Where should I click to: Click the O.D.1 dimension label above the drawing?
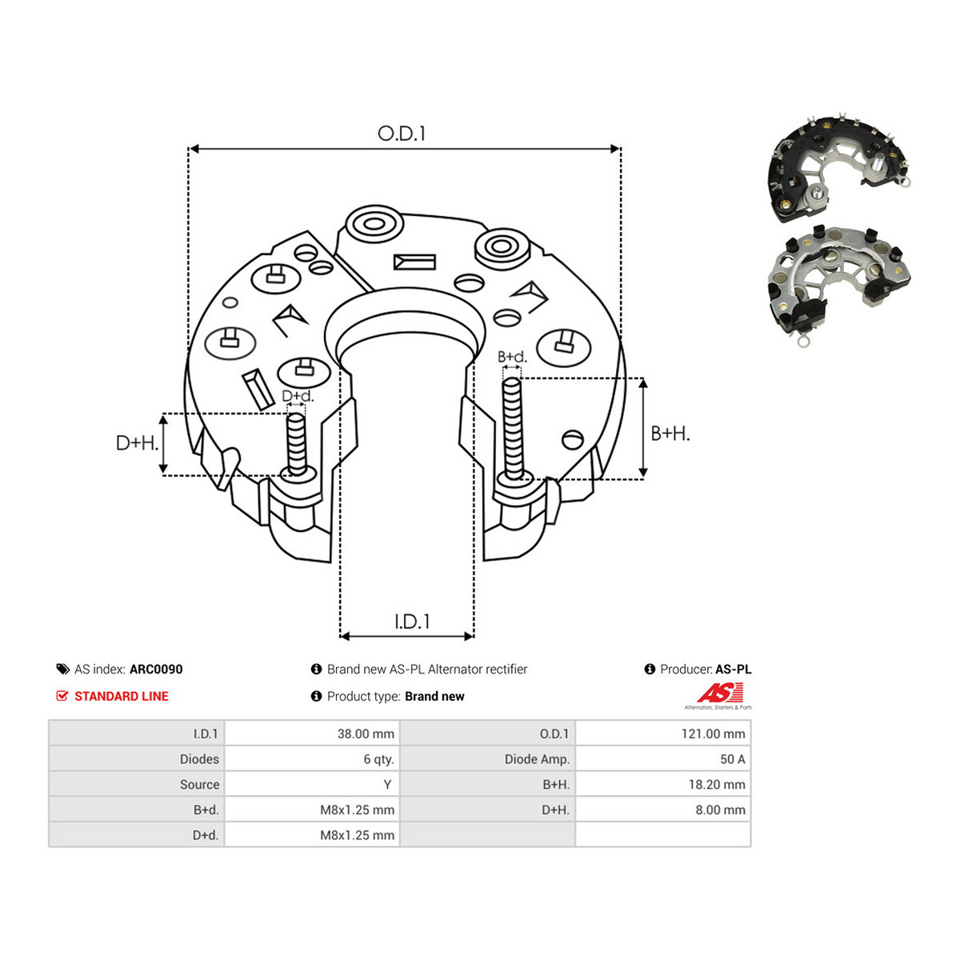402,134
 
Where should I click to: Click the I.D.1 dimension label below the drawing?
412,622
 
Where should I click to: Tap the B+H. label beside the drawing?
670,434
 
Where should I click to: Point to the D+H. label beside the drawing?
137,443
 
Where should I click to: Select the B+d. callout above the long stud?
512,357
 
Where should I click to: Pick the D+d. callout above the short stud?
298,396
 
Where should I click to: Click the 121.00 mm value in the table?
713,734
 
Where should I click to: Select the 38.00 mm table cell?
366,734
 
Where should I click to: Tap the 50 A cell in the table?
732,759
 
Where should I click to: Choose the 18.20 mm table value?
717,785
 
